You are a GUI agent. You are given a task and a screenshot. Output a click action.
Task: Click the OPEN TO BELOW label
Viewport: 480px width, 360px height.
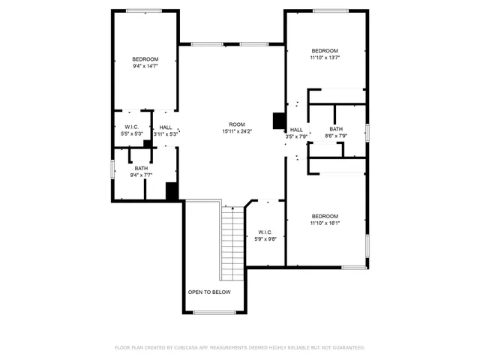pos(209,292)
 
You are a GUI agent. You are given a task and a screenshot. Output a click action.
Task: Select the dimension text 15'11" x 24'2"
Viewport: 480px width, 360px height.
pos(237,131)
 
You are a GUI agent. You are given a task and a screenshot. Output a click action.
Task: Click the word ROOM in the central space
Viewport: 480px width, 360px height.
pos(237,124)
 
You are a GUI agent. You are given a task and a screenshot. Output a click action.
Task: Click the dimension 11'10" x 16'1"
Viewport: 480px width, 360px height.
pos(325,223)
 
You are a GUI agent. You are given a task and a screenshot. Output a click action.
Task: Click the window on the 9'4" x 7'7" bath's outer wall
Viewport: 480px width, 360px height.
pos(113,169)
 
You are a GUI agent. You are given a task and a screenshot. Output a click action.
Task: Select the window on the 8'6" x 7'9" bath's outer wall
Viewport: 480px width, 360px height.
pos(367,132)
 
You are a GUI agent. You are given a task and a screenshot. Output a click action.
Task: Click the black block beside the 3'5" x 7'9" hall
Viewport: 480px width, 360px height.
pos(279,121)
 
